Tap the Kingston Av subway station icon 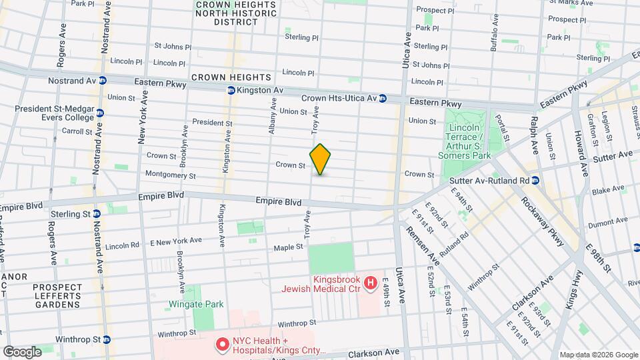click(x=231, y=90)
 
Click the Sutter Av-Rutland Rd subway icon click(x=535, y=180)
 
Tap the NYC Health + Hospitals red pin click(x=221, y=345)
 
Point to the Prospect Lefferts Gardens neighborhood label click(x=57, y=296)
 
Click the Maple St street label click(x=289, y=248)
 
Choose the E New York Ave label click(x=177, y=241)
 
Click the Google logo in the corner click(x=22, y=351)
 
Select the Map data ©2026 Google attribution click(x=597, y=354)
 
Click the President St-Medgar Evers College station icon click(x=99, y=113)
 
